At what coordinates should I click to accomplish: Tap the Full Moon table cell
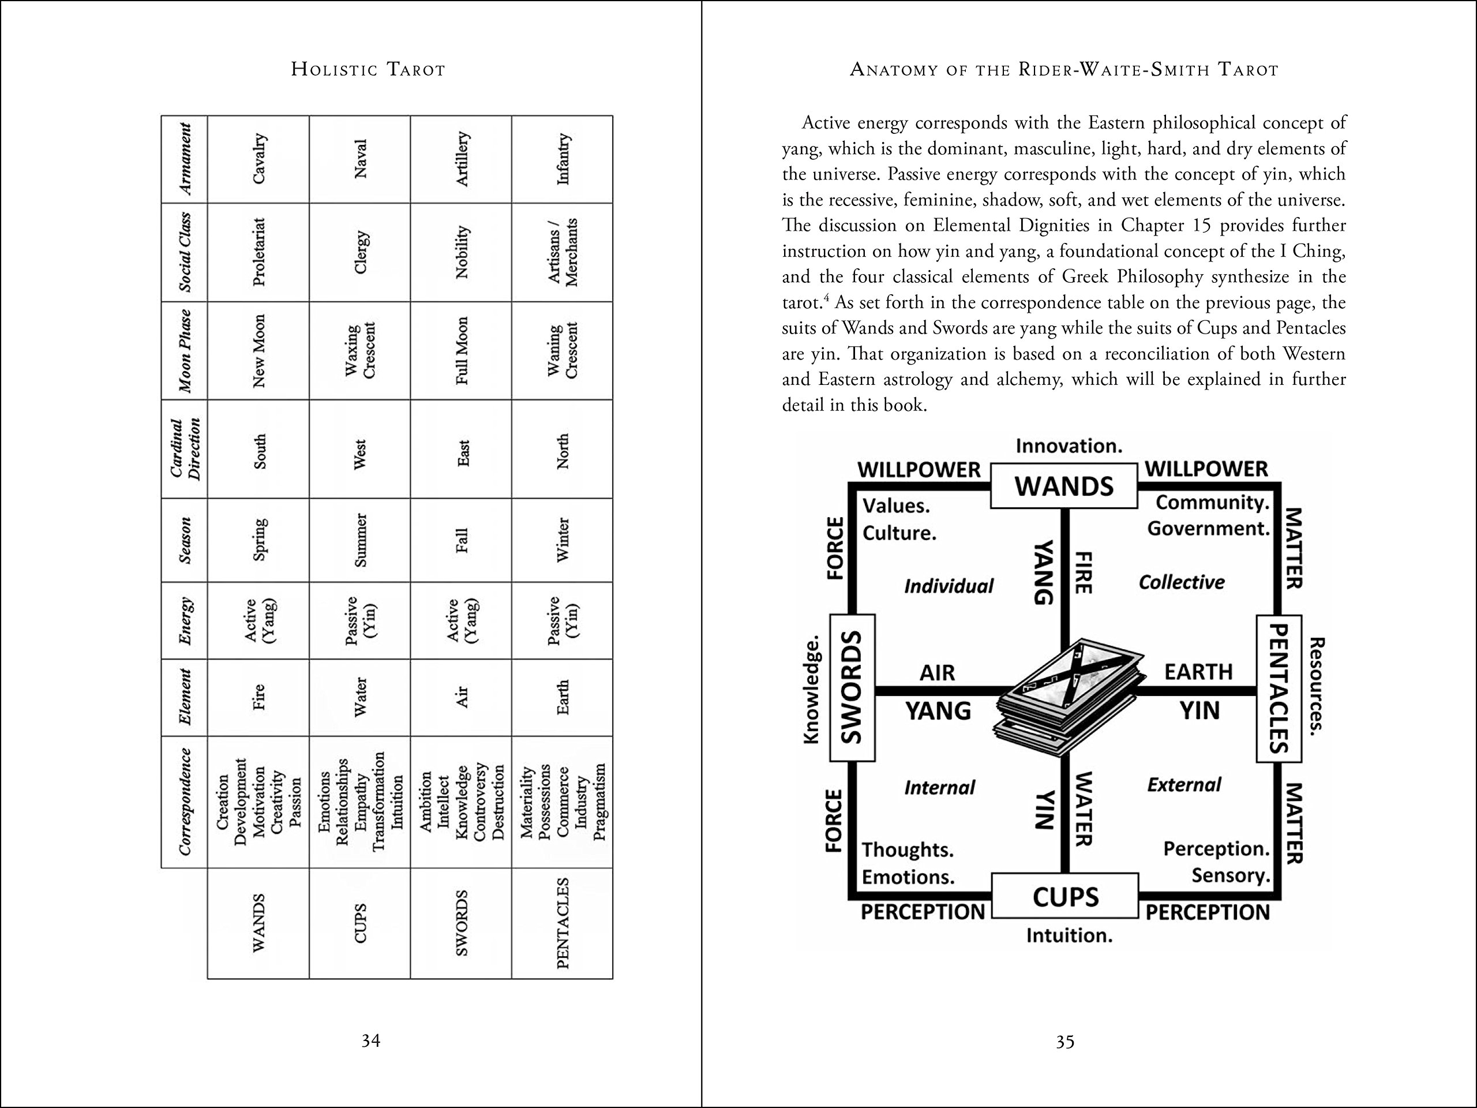pos(462,351)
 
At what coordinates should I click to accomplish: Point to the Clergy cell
pos(361,252)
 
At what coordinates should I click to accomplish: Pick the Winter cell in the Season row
pos(562,540)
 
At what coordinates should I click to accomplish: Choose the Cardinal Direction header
pos(184,449)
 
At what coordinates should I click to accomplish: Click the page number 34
pos(370,1040)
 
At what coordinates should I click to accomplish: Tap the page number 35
pos(1065,1042)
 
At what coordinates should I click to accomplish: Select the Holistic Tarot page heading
pos(368,69)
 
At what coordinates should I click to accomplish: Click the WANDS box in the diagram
pos(1064,485)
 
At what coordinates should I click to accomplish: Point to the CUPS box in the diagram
pos(1065,896)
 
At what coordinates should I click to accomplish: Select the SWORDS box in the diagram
pos(852,688)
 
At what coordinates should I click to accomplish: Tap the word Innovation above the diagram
pos(1069,446)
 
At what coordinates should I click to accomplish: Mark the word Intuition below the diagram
pos(1069,935)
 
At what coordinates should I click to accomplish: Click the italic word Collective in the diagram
pos(1181,582)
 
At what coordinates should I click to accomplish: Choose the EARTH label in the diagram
pos(1198,672)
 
